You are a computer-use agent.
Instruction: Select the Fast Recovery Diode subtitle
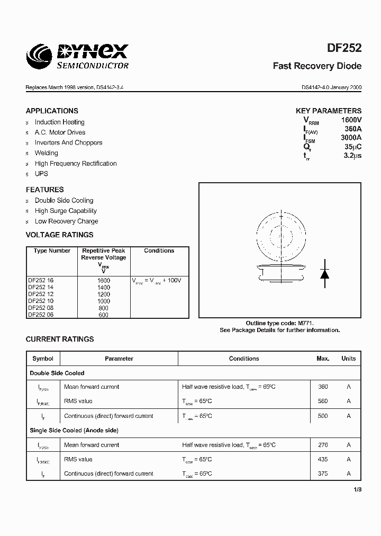pyautogui.click(x=317, y=66)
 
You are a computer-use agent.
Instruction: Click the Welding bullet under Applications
pyautogui.click(x=47, y=153)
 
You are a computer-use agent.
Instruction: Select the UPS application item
pyautogui.click(x=41, y=174)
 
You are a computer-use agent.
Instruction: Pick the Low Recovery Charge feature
pyautogui.click(x=66, y=221)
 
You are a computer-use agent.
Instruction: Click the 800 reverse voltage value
pyautogui.click(x=103, y=308)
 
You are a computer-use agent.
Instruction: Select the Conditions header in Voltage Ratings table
pyautogui.click(x=159, y=251)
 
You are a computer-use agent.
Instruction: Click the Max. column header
pyautogui.click(x=323, y=359)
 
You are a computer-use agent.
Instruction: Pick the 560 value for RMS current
pyautogui.click(x=323, y=401)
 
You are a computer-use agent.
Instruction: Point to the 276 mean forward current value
pyautogui.click(x=323, y=445)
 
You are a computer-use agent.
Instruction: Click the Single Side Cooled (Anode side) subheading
pyautogui.click(x=74, y=431)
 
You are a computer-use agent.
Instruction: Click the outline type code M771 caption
pyautogui.click(x=283, y=323)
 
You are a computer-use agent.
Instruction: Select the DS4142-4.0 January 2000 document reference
pyautogui.click(x=331, y=87)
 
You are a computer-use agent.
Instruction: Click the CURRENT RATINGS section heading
pyautogui.click(x=60, y=339)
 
